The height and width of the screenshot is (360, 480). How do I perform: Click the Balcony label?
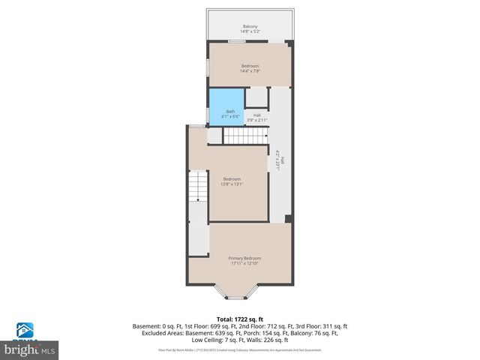coord(249,25)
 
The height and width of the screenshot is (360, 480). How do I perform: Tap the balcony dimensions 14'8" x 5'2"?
coord(249,31)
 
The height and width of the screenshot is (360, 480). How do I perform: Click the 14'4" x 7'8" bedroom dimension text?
coord(250,72)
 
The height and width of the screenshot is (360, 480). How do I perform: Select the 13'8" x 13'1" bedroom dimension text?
coord(231,184)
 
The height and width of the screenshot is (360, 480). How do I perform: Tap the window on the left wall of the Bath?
coord(208,114)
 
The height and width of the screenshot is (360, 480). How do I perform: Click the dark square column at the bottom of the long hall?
coord(288,219)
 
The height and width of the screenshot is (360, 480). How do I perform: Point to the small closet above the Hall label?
coord(256,97)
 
